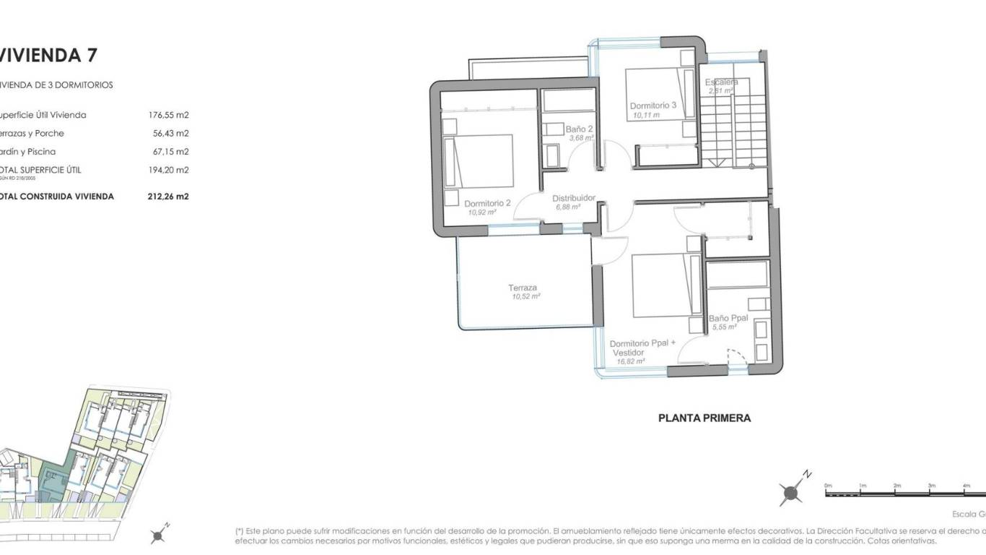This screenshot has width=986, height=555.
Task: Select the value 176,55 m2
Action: [x=168, y=115]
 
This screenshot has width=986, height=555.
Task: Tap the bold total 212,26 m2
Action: [x=168, y=196]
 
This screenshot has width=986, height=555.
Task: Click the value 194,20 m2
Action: [x=168, y=170]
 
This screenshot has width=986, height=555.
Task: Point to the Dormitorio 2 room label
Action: [x=487, y=203]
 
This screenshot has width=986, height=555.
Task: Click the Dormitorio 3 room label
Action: [x=653, y=106]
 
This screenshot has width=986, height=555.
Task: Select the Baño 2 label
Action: [x=579, y=129]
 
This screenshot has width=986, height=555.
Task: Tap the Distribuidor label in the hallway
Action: [x=573, y=198]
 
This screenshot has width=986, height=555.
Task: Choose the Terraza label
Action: [x=522, y=288]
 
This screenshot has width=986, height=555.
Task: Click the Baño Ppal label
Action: [x=728, y=318]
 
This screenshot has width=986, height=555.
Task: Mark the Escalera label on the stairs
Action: [x=721, y=82]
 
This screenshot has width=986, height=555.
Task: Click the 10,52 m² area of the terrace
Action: [x=525, y=296]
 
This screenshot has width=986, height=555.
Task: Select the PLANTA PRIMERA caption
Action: [x=704, y=418]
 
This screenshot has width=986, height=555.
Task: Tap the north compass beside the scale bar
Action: [x=792, y=493]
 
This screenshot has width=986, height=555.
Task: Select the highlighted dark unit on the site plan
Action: [x=52, y=480]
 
